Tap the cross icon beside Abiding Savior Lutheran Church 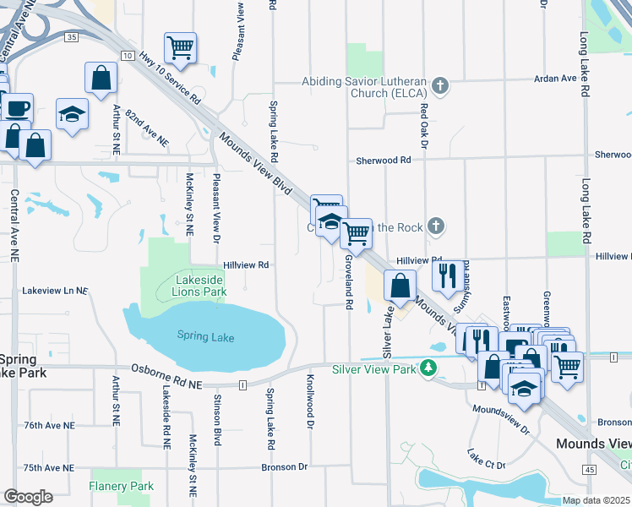439,85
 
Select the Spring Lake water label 205,336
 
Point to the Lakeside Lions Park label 199,286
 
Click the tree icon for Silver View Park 428,368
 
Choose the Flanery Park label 122,486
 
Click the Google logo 28,496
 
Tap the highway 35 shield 72,38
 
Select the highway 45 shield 589,468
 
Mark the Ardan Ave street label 554,79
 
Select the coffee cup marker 16,107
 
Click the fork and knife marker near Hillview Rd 448,275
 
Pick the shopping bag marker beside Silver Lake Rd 400,286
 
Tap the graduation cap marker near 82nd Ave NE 73,114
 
